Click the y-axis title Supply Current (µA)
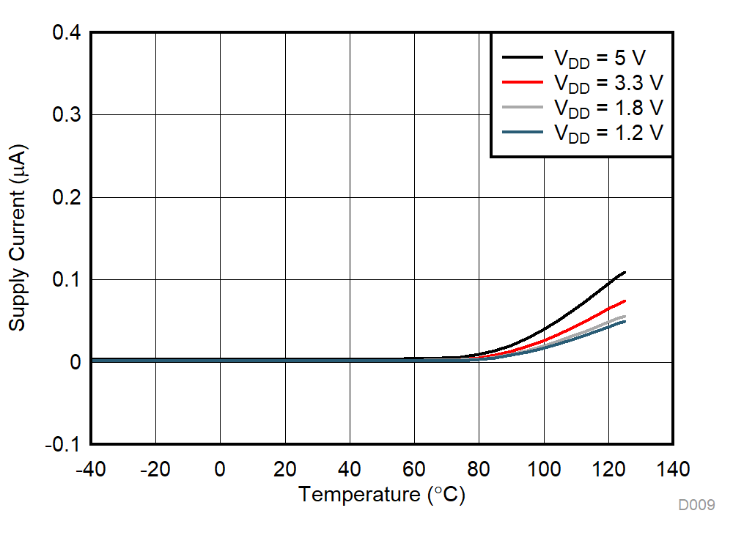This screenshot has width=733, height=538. (x=17, y=238)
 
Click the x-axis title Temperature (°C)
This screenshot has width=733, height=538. (x=381, y=495)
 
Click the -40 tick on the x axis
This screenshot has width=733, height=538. (x=91, y=469)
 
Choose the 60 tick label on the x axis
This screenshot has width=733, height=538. (x=414, y=469)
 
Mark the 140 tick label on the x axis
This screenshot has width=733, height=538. (x=672, y=469)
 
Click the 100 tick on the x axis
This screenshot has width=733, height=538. (x=543, y=469)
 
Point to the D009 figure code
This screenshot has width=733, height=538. (x=696, y=505)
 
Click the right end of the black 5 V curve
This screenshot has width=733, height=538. (x=625, y=272)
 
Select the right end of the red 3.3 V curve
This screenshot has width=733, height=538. (x=625, y=301)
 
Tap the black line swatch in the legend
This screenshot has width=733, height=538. (x=522, y=57)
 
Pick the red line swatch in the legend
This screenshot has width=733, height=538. (x=522, y=82)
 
